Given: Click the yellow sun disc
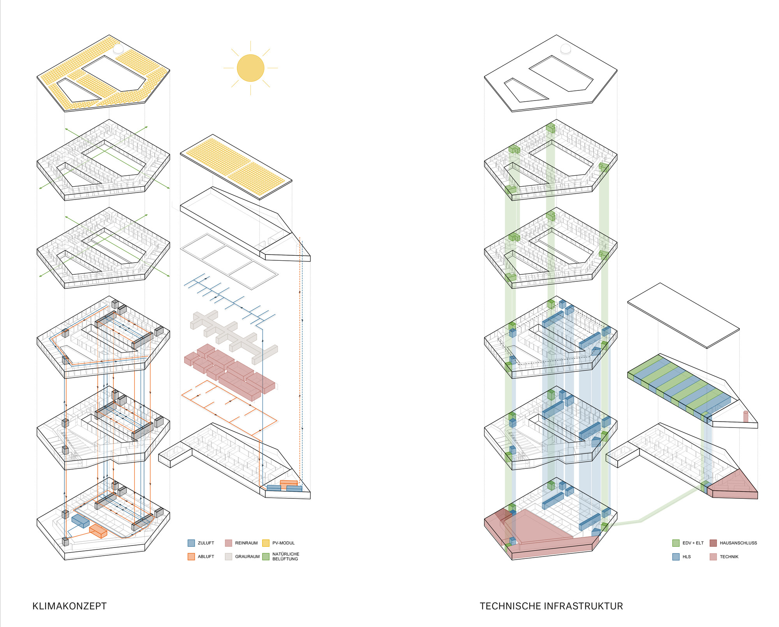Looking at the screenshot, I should point(250,68).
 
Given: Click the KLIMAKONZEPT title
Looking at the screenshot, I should point(69,606).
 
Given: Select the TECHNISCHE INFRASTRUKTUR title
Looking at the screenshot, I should point(551,606).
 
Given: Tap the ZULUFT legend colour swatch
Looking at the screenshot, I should point(191,543).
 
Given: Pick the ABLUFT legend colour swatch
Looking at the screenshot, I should point(191,556).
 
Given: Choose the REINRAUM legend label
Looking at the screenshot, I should point(246,543).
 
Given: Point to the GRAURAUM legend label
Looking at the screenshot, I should point(247,556).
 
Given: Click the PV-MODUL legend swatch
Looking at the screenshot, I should point(266,543).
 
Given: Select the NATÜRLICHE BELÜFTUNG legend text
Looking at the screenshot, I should point(286,556).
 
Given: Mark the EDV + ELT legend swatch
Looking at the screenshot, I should point(676,543).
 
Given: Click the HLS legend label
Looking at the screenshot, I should point(686,557).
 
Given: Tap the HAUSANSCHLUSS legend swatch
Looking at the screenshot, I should point(713,543).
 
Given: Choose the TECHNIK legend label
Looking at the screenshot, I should point(729,557).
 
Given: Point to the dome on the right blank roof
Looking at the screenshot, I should point(565,49).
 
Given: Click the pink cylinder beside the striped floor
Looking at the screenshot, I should point(746,416).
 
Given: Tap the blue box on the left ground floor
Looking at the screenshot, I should point(80,521).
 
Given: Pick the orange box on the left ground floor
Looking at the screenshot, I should point(98,531).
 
